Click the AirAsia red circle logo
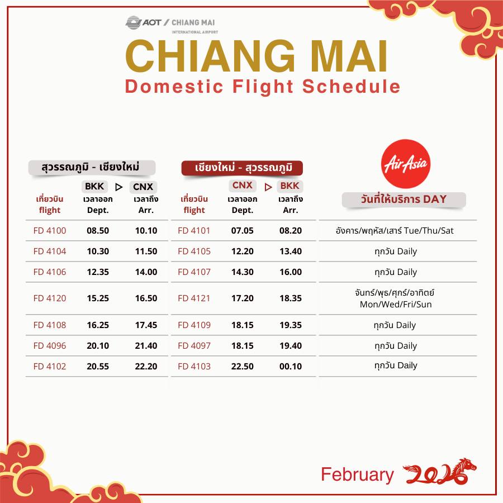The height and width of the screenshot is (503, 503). (x=406, y=164)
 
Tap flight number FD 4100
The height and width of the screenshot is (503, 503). (x=50, y=231)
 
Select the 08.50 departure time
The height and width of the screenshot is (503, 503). (x=98, y=231)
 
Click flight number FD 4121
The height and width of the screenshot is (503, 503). (x=194, y=298)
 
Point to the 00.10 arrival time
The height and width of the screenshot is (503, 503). (x=291, y=366)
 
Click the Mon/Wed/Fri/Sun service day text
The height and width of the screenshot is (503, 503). (x=396, y=305)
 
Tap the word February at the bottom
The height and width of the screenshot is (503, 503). (x=357, y=475)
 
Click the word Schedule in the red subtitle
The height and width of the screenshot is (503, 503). (x=352, y=86)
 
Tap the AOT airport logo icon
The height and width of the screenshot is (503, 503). (x=134, y=23)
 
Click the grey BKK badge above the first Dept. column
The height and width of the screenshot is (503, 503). (x=94, y=186)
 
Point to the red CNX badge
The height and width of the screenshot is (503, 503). (x=243, y=186)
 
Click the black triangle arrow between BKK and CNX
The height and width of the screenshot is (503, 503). (x=118, y=187)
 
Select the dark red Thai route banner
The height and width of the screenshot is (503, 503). (x=242, y=168)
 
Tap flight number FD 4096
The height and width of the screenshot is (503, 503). (x=50, y=346)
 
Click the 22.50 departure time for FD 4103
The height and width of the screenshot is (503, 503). (x=243, y=366)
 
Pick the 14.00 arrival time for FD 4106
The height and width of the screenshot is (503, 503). (x=146, y=272)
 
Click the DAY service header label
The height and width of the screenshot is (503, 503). (x=435, y=199)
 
